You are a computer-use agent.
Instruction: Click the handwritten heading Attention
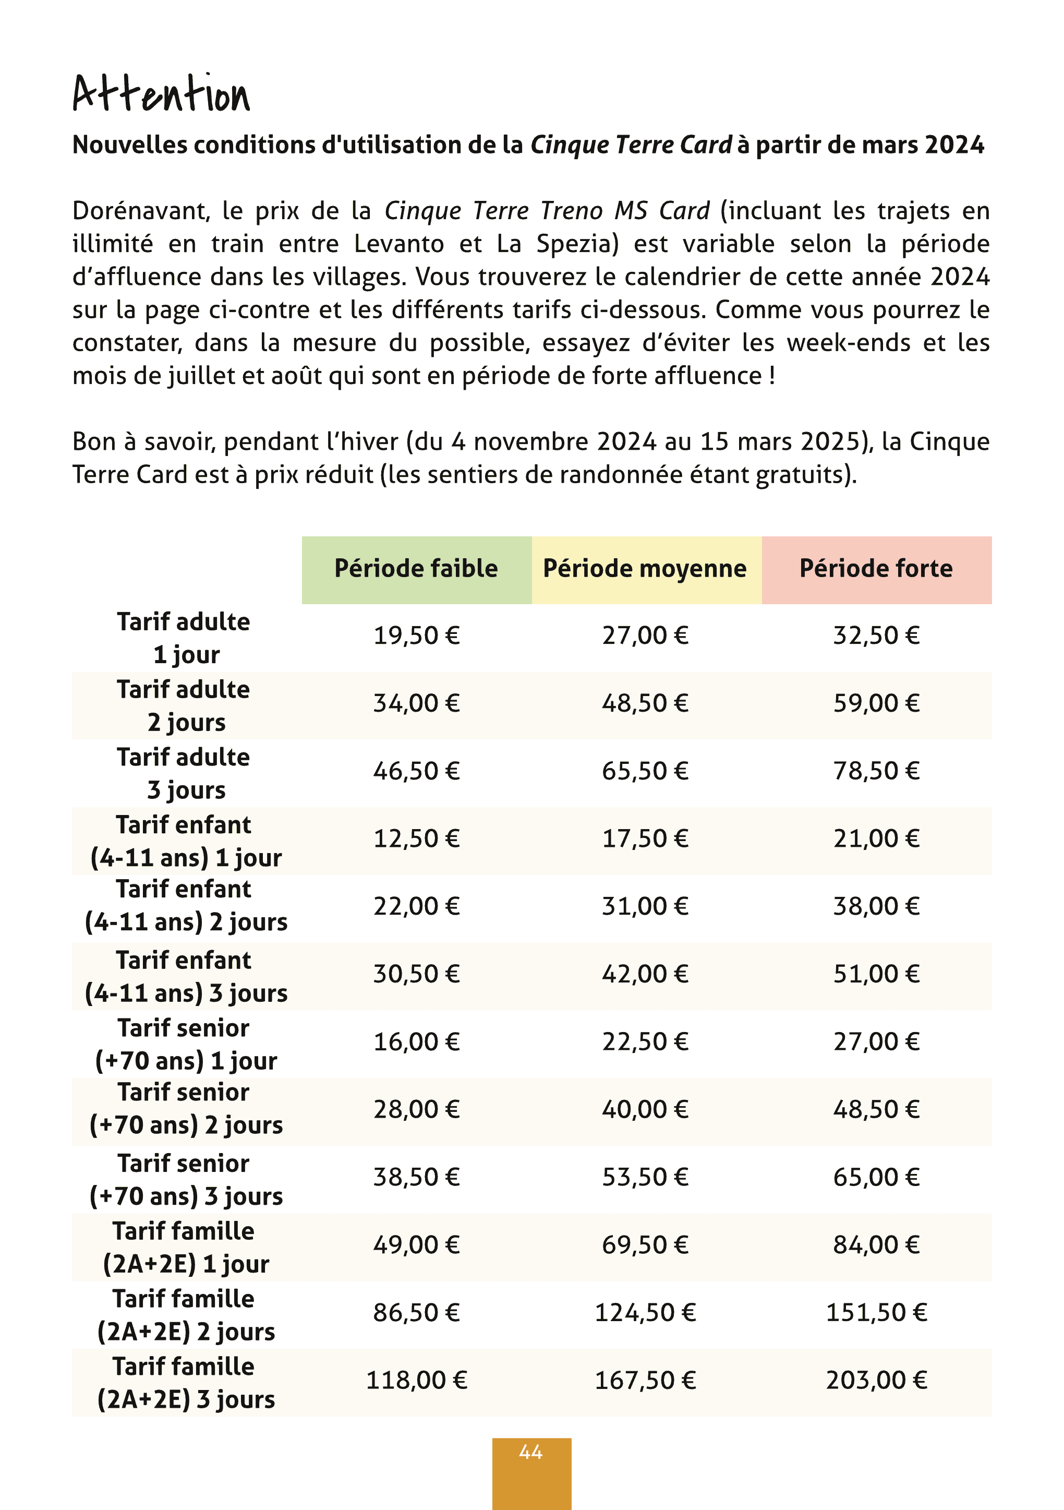161,93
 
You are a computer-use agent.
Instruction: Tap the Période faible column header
416,569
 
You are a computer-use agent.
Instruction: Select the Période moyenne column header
645,569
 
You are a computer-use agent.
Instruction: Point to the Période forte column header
876,569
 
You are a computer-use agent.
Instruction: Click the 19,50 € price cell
416,636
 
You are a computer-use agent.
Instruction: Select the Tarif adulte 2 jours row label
184,705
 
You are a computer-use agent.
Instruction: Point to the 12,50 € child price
416,839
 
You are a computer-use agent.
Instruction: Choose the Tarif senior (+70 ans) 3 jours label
186,1179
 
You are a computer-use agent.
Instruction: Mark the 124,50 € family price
645,1313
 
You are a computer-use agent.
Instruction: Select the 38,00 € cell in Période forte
876,907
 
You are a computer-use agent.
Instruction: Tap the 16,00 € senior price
416,1042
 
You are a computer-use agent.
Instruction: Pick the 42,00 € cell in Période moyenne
645,975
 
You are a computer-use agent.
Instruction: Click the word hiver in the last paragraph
368,442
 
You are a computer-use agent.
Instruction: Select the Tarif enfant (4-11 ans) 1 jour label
186,841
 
